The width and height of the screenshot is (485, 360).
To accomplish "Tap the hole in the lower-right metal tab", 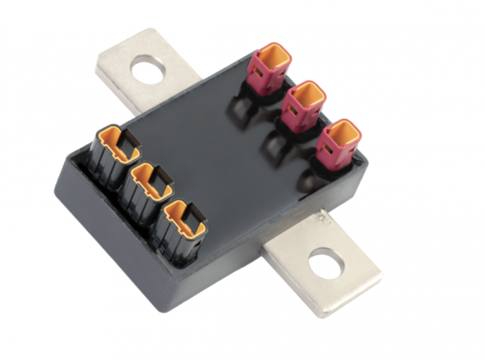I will point(324,263).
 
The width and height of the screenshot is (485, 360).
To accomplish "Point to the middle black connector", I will point(149,188).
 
